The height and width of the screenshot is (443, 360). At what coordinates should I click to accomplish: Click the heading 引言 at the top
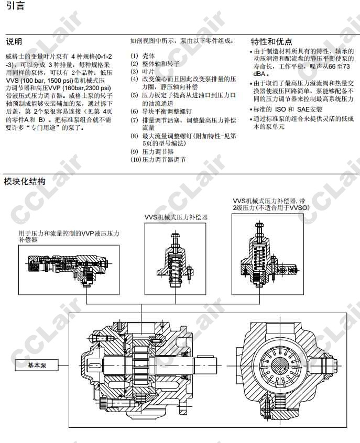[x=15, y=6]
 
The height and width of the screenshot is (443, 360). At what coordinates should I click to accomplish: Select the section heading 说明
[x=14, y=42]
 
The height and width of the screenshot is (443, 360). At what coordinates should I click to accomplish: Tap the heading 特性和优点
[x=271, y=41]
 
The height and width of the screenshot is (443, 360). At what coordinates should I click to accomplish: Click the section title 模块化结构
[x=25, y=181]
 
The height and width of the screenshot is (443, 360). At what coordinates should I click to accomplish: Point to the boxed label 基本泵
[x=37, y=366]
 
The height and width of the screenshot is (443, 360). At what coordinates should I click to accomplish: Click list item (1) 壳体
[x=143, y=56]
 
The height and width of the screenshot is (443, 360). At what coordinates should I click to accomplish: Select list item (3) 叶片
[x=143, y=71]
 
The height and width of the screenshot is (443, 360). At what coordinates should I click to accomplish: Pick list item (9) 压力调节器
[x=152, y=152]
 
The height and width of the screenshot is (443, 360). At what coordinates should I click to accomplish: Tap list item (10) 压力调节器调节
[x=158, y=160]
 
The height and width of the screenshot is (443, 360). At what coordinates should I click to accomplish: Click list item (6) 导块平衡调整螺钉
[x=161, y=112]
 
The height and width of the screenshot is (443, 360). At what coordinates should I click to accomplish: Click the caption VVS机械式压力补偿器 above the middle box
[x=176, y=217]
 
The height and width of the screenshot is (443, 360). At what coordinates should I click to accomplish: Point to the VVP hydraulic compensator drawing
[x=69, y=270]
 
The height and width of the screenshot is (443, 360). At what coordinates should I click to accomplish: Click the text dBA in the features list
[x=259, y=74]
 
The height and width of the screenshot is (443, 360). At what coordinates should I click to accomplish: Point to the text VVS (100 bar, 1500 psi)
[x=39, y=81]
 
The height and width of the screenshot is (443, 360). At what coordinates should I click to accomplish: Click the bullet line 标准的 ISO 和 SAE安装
[x=286, y=109]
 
